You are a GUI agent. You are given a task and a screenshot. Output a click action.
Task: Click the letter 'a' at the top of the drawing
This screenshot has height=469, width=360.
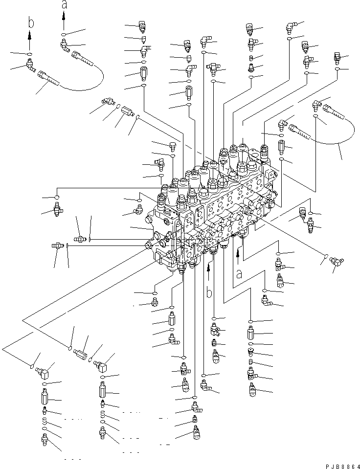coord(64,5)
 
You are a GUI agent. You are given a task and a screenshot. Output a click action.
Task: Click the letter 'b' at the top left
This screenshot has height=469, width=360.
coord(30,22)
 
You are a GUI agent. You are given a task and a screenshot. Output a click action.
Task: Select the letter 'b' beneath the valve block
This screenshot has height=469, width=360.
coord(209,293)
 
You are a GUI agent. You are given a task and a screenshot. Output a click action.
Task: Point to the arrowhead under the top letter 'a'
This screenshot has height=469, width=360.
coord(64,16)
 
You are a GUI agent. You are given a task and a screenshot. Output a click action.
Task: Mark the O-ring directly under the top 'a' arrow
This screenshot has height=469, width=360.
coord(64,34)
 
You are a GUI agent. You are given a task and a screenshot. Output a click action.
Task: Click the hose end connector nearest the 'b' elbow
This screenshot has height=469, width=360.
coord(49,78)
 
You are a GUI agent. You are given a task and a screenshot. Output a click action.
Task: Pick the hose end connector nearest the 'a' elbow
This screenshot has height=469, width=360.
coord(82,59)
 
